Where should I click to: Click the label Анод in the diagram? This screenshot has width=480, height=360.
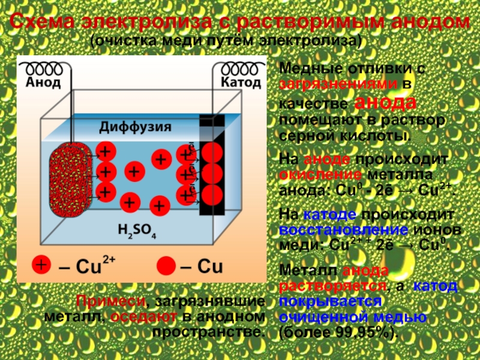(43, 83)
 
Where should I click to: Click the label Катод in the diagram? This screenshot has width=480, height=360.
(241, 82)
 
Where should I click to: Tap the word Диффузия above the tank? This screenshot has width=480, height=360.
(135, 127)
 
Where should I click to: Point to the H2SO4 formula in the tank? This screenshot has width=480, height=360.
(137, 230)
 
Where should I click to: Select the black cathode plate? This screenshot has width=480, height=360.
(212, 174)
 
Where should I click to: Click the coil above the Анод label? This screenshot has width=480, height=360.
(43, 68)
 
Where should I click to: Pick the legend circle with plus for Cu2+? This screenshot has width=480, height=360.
(41, 265)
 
